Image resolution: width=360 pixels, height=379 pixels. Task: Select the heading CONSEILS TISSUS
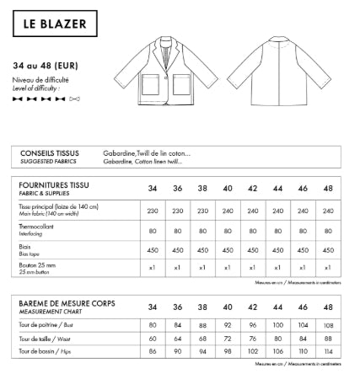click(47, 153)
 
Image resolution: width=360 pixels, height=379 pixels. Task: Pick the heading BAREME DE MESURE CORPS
click(67, 302)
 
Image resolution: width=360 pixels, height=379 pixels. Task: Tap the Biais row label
click(24, 247)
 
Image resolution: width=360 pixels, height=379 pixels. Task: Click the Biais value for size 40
click(228, 250)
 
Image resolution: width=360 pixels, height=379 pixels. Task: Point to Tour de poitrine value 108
click(328, 324)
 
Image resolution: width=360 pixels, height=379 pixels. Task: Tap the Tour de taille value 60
click(153, 338)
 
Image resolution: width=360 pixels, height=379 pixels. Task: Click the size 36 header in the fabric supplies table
click(177, 189)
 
